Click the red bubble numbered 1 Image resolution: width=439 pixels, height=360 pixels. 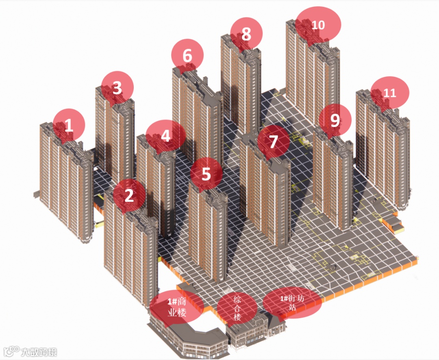[x=69, y=125]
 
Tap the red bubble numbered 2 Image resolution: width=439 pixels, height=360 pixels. [x=129, y=195]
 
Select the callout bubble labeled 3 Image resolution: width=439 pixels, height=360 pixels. [x=117, y=88]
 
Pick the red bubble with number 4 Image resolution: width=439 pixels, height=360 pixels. [x=166, y=136]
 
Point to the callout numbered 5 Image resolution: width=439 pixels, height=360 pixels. [x=206, y=174]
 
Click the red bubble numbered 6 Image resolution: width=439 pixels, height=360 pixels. [x=187, y=55]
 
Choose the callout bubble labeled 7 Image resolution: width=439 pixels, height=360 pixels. [x=274, y=142]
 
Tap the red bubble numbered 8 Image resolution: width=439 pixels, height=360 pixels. [x=246, y=34]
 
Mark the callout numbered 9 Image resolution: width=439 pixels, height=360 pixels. [x=335, y=120]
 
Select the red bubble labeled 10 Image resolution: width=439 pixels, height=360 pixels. [x=318, y=25]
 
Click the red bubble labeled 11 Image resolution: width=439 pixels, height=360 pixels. [x=390, y=93]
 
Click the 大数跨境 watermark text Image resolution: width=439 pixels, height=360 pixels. [x=39, y=352]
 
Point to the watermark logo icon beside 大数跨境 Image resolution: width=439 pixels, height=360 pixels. [x=11, y=351]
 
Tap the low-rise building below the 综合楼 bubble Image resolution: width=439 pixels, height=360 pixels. [x=246, y=332]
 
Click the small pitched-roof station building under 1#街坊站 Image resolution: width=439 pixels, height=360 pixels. [x=277, y=325]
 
